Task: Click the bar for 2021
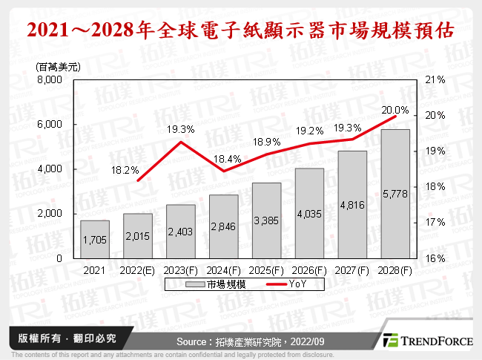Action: click(95, 239)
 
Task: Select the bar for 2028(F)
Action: click(395, 194)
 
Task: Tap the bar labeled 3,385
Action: click(266, 220)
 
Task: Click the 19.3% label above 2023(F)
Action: click(181, 129)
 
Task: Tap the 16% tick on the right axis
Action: click(435, 258)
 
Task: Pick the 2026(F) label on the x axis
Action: click(309, 271)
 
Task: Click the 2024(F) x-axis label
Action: click(223, 271)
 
